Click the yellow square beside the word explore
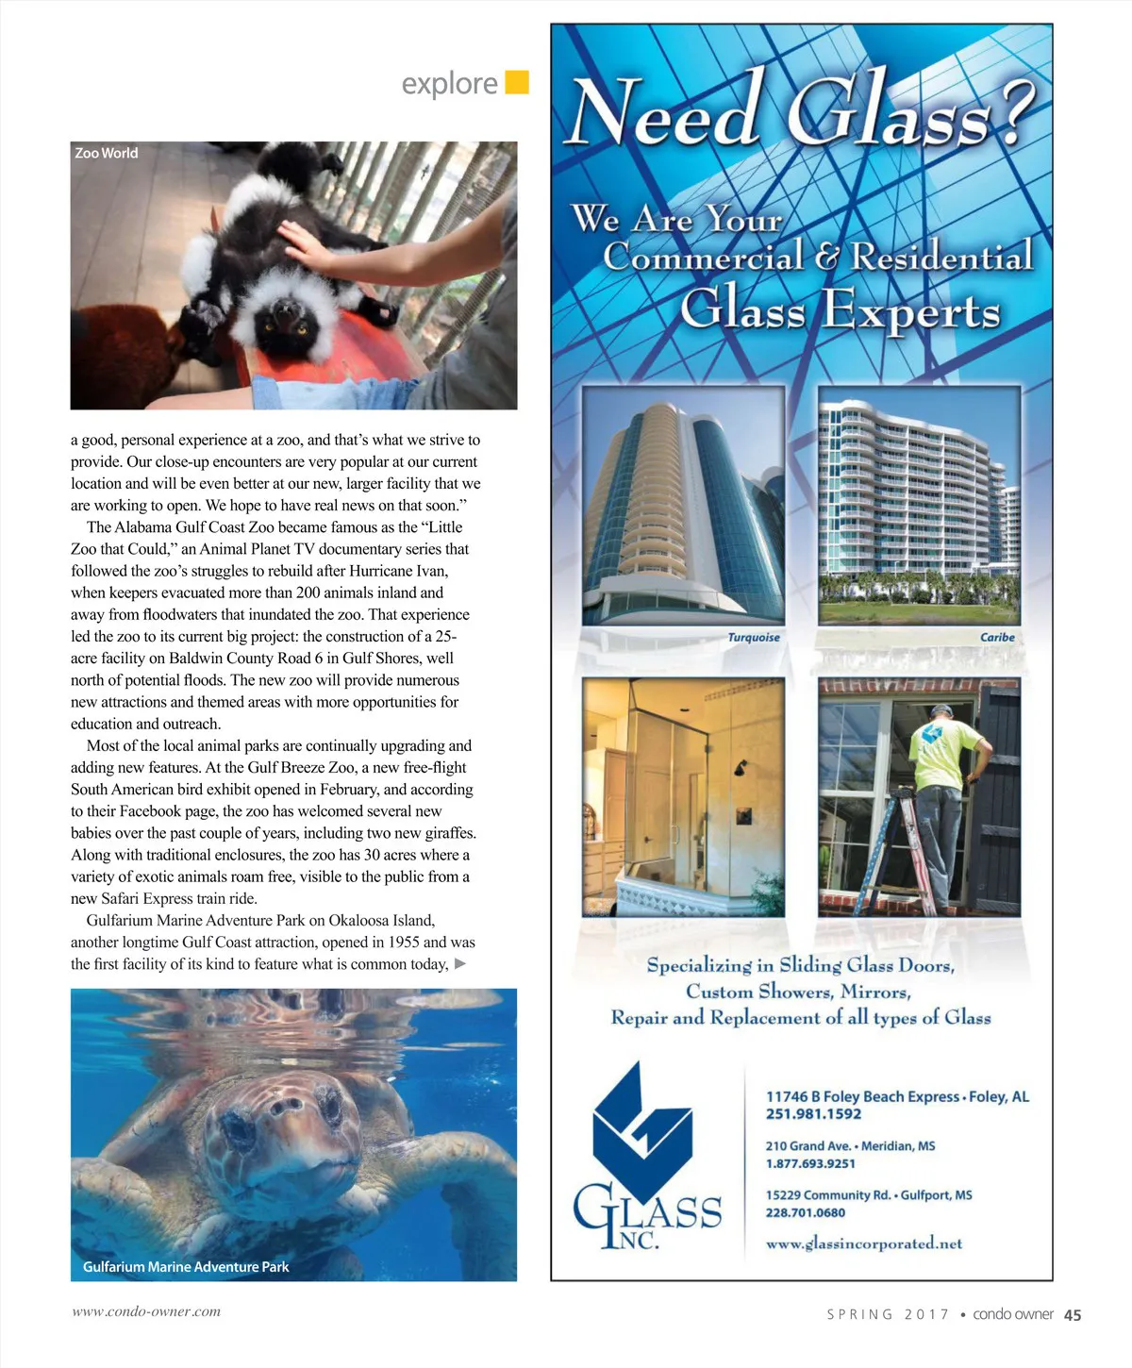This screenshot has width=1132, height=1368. click(517, 82)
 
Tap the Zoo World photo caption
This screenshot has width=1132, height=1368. click(107, 153)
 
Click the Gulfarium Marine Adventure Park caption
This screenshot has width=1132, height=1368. click(186, 1267)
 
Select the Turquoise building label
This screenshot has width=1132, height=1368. click(754, 638)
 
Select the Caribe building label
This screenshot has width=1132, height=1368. click(997, 638)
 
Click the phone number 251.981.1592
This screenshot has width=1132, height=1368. click(813, 1114)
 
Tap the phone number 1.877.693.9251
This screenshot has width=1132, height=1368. click(810, 1164)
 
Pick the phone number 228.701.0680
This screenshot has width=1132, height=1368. click(805, 1213)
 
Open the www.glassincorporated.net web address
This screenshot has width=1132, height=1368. click(864, 1243)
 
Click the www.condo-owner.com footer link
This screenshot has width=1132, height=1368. click(146, 1311)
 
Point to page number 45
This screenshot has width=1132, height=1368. click(1073, 1315)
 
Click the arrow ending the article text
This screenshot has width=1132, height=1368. click(460, 964)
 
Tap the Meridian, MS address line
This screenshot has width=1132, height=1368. click(850, 1146)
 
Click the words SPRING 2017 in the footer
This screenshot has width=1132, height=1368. click(888, 1314)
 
